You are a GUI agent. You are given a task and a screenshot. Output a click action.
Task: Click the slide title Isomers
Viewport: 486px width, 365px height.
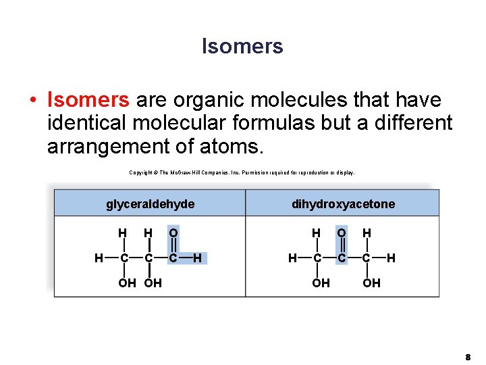pos(242,46)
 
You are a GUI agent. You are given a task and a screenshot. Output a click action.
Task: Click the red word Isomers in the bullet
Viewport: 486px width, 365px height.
pos(88,101)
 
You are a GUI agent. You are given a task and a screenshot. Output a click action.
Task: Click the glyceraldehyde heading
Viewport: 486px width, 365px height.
pos(151,203)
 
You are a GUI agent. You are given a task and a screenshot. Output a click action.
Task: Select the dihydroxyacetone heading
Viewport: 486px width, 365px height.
pos(343,203)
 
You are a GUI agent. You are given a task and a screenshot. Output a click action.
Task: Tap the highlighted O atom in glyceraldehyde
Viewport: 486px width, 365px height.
pos(173,233)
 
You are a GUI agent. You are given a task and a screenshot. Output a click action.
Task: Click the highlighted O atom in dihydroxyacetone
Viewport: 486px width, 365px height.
pos(342,233)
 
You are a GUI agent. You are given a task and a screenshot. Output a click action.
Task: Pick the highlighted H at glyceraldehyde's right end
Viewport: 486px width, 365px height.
pos(197,257)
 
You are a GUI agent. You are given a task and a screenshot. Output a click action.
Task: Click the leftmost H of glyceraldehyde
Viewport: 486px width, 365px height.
pos(99,257)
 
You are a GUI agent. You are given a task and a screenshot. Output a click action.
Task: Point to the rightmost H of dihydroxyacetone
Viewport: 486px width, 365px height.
pos(391,257)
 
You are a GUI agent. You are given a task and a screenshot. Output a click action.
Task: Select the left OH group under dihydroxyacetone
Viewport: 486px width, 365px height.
pos(321,283)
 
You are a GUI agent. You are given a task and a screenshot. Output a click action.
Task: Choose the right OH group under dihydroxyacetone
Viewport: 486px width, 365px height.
pos(371,283)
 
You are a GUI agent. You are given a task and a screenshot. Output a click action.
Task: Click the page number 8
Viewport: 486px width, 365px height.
pos(467,354)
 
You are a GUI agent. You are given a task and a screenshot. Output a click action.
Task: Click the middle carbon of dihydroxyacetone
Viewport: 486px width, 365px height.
pos(342,257)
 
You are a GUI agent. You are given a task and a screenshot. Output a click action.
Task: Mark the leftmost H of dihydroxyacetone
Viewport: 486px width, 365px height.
pos(292,257)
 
